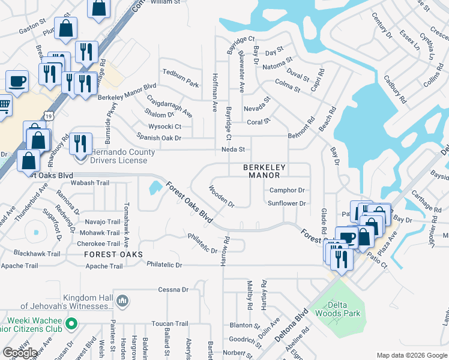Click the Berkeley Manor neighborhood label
(x=261, y=171)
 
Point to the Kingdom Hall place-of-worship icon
(x=122, y=299)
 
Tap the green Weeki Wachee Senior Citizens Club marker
(x=71, y=325)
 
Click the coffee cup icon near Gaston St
(x=17, y=81)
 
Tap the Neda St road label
(x=234, y=149)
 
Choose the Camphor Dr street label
(x=287, y=190)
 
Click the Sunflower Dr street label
(x=287, y=203)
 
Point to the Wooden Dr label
(x=221, y=196)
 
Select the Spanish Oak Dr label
(x=159, y=138)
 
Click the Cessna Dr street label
(x=173, y=290)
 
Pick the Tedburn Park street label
(x=180, y=83)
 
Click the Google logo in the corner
(x=20, y=353)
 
